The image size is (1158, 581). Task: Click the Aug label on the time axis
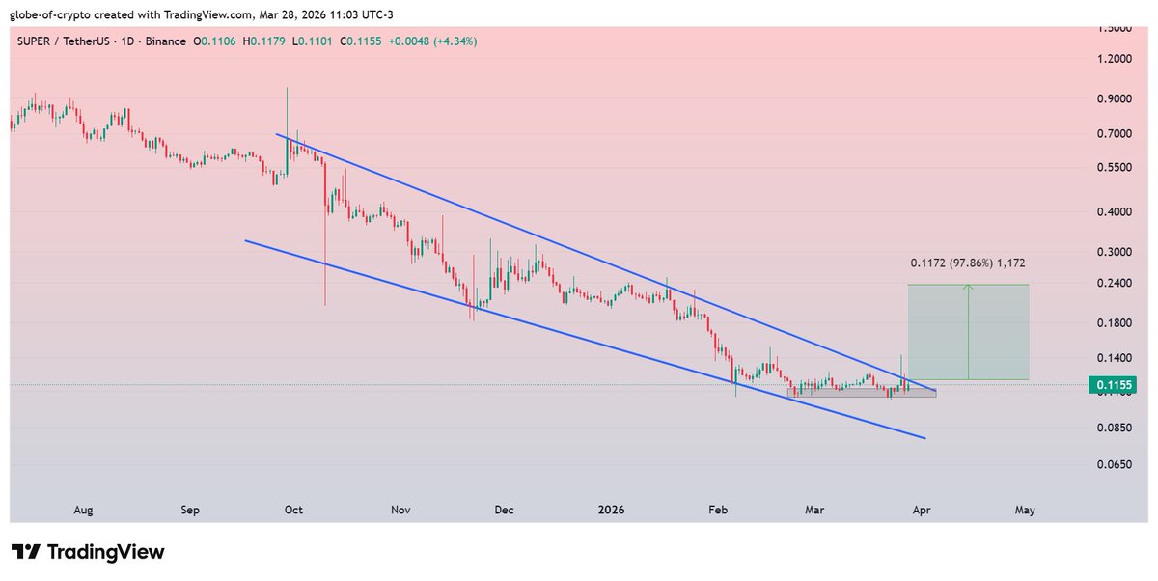click(x=83, y=510)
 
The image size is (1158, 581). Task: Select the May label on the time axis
click(x=1026, y=510)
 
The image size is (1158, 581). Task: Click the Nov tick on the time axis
click(x=401, y=510)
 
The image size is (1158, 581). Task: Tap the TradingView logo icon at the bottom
click(x=26, y=552)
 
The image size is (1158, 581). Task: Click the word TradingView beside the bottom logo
click(x=106, y=552)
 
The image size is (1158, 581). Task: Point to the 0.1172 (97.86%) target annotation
click(x=968, y=262)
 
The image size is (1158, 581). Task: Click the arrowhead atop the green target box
click(x=968, y=287)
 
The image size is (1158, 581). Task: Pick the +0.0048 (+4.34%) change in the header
click(x=432, y=41)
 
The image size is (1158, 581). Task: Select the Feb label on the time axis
click(x=717, y=510)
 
